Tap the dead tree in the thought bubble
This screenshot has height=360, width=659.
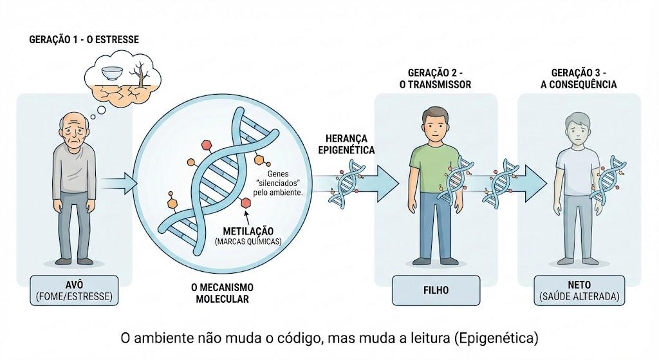point(140,75)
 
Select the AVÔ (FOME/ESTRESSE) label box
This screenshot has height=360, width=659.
point(74,290)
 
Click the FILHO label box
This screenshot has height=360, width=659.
point(436,290)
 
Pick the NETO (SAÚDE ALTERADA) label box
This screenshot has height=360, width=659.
point(579,290)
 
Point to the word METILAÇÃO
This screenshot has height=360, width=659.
point(248,231)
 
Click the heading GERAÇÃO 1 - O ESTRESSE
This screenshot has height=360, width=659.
point(84,39)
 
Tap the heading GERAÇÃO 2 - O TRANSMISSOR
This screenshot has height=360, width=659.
point(436,79)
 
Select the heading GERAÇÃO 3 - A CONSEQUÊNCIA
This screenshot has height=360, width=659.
point(579,79)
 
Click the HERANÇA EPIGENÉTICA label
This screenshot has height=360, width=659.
point(346,144)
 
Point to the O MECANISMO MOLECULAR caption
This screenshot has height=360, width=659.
point(222,293)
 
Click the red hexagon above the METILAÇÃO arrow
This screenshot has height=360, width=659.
point(245,203)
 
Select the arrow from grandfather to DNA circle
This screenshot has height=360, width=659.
point(119,184)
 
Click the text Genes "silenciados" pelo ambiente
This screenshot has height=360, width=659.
point(277,183)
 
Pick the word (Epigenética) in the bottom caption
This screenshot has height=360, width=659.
point(496,337)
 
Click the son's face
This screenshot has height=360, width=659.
point(436,126)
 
